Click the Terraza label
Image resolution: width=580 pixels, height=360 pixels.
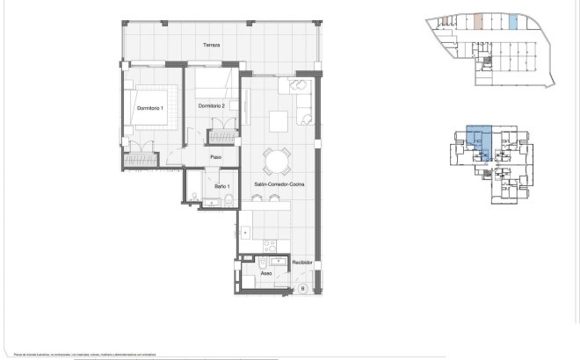[210, 45]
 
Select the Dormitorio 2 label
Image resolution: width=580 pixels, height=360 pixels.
[212, 106]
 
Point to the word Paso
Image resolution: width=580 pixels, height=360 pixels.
[214, 157]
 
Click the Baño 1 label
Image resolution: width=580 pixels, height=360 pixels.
[221, 186]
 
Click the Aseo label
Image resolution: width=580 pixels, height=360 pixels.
[265, 273]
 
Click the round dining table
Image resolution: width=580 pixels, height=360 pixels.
[278, 160]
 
